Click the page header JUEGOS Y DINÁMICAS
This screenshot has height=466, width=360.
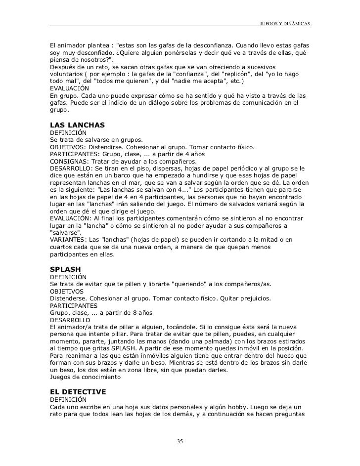click(x=284, y=24)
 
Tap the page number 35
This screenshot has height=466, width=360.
click(x=180, y=441)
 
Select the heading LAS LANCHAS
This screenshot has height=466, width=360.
click(x=78, y=125)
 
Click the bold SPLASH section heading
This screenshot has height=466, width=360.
click(x=66, y=269)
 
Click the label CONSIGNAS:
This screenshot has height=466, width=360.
click(x=67, y=161)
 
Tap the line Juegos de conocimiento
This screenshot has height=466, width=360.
click(x=85, y=377)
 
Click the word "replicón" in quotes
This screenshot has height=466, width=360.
click(x=214, y=73)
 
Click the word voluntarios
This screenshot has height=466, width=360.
click(x=67, y=73)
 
